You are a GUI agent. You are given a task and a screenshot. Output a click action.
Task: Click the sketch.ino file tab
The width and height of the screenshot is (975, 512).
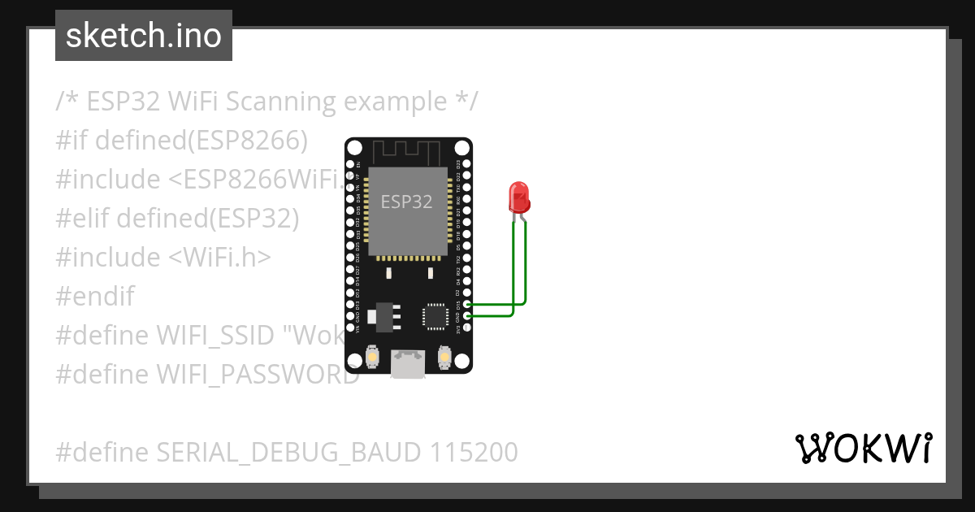click(x=144, y=36)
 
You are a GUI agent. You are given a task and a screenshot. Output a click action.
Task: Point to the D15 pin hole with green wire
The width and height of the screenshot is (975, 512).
click(x=466, y=304)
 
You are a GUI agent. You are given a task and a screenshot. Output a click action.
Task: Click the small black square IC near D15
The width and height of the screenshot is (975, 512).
click(x=435, y=316)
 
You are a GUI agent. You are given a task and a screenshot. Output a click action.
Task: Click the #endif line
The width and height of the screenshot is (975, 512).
click(x=95, y=296)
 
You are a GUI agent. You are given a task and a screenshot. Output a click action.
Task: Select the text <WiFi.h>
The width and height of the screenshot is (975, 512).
click(x=220, y=257)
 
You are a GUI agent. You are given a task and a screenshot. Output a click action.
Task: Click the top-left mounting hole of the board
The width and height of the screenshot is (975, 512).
click(x=354, y=148)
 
